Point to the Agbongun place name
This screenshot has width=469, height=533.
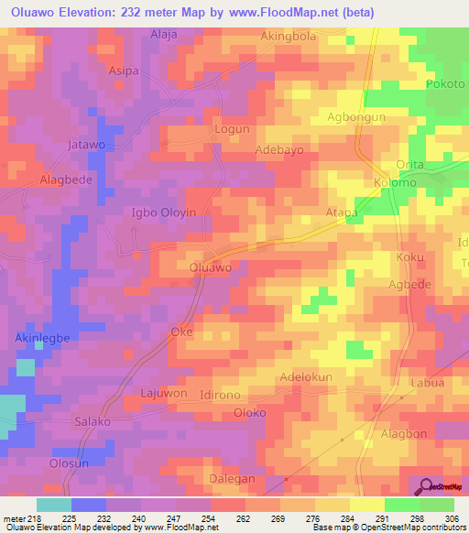tap(357, 118)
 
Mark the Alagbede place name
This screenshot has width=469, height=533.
tap(66, 179)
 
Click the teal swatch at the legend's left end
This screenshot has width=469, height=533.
tap(54, 505)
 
